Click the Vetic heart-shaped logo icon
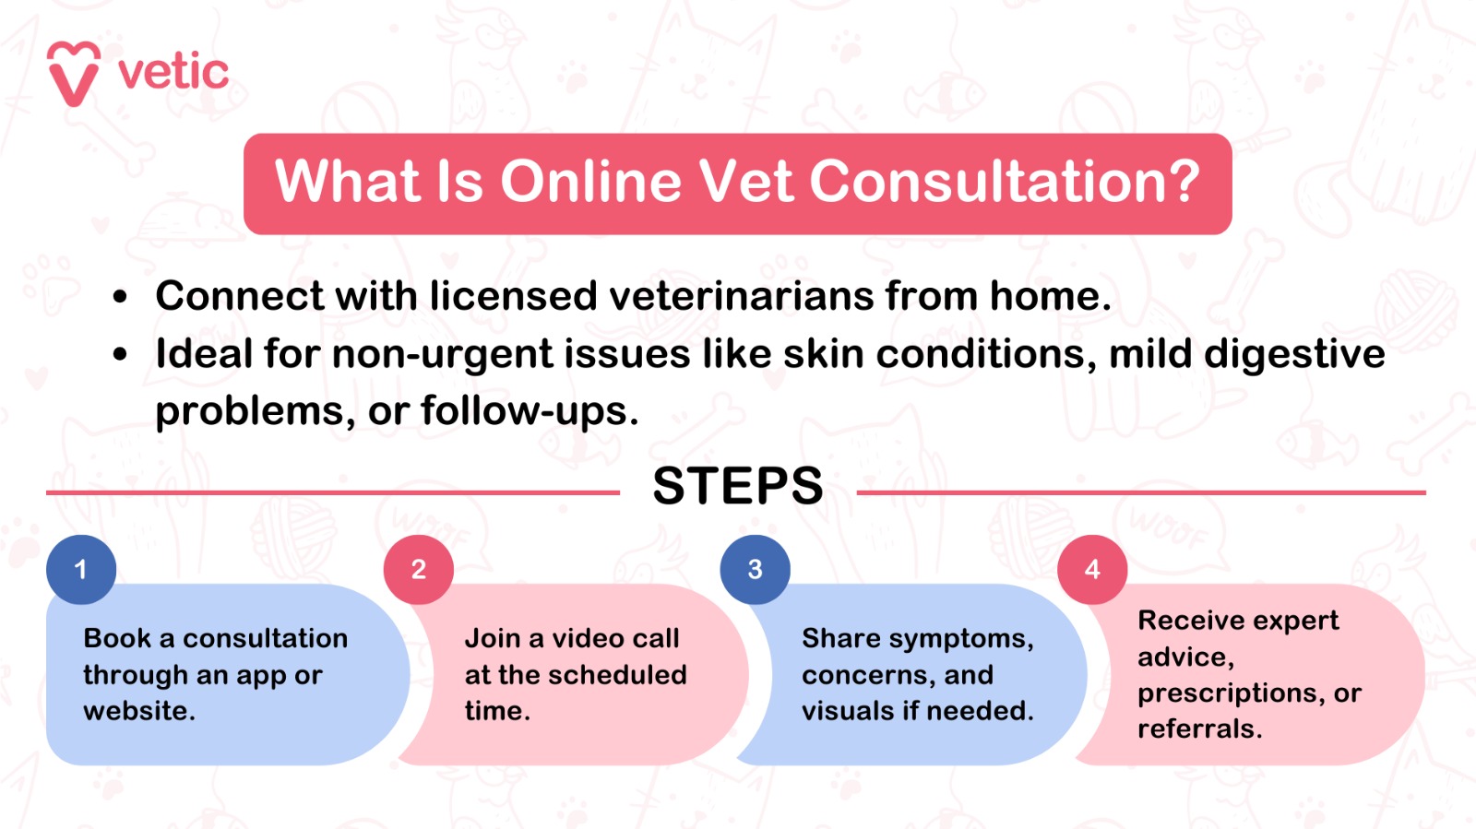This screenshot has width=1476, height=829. click(74, 73)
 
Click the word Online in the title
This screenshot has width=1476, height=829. click(590, 182)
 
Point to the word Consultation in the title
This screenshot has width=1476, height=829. click(986, 182)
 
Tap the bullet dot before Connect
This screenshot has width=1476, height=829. click(119, 297)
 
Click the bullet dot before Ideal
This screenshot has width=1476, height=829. click(119, 354)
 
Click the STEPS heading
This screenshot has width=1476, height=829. click(738, 487)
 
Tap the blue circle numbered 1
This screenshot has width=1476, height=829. click(81, 570)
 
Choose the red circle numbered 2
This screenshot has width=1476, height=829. click(419, 570)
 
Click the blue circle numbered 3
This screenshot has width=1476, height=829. click(756, 570)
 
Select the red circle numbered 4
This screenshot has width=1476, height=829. click(1092, 570)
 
